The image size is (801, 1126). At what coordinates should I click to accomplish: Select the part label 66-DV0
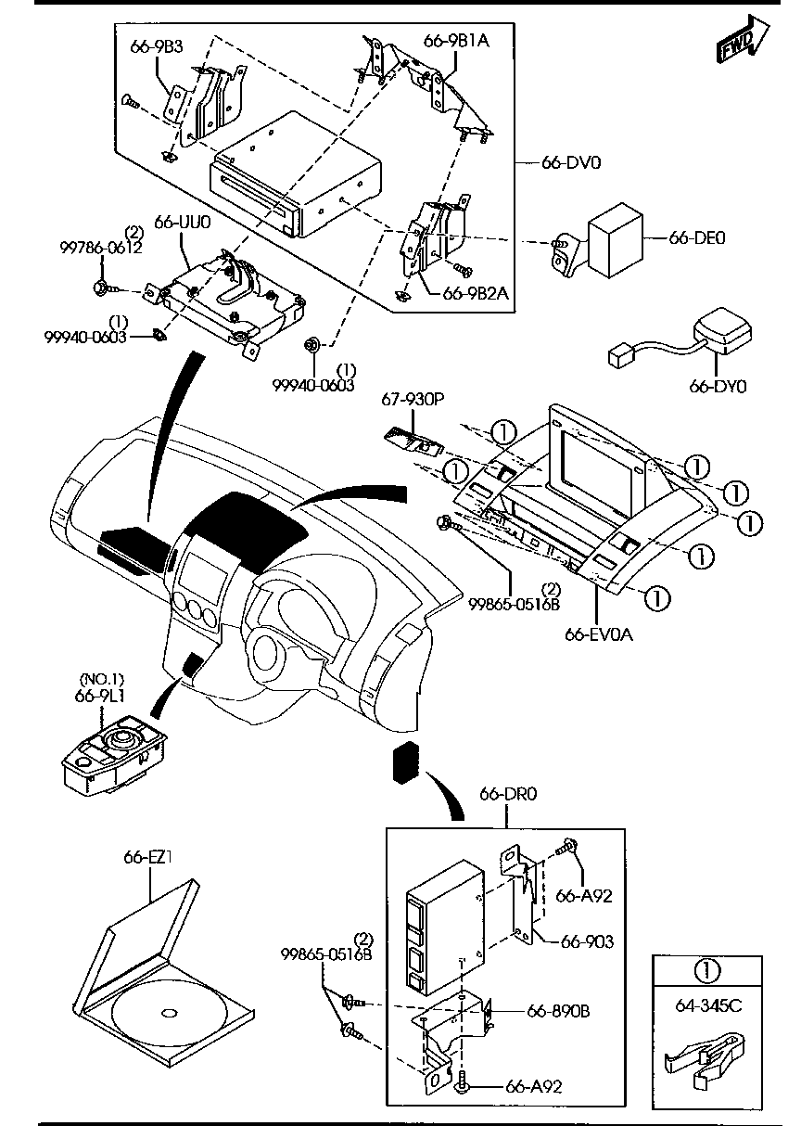pos(571,162)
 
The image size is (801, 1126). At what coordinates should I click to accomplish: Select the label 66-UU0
pos(183,223)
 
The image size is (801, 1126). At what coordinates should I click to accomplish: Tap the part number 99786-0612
pos(101,248)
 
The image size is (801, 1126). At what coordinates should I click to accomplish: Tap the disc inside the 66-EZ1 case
pos(170,1010)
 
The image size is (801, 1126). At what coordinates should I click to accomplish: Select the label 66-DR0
pos(508,794)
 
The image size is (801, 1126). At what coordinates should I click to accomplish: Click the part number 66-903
pos(587,941)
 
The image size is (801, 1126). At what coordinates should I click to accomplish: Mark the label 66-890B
pos(558,1010)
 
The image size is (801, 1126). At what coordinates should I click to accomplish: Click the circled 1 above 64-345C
pos(706,971)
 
